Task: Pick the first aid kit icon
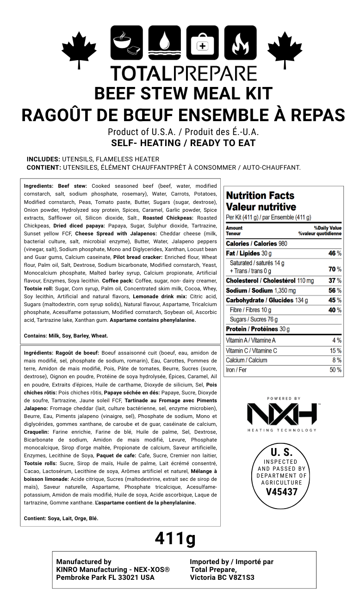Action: point(203,43)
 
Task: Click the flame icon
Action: point(240,43)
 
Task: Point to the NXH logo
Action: point(281,414)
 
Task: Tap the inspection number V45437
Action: point(282,492)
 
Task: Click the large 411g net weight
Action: point(175,538)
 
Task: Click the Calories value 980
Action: point(283,244)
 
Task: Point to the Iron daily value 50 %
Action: point(335,370)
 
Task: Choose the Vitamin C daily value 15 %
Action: point(335,350)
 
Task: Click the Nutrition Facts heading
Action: point(260,196)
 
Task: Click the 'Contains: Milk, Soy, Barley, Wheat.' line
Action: point(66,336)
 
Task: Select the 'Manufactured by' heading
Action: point(83,562)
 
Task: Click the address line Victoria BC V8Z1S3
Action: point(222,577)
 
